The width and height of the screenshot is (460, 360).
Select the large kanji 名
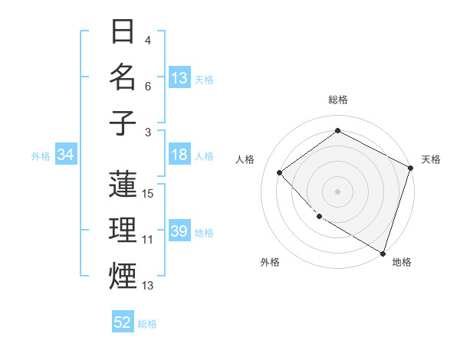coord(123,78)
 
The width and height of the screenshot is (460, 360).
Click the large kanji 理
coord(123,231)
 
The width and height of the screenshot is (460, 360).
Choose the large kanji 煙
coord(123,276)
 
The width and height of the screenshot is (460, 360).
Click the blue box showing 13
coord(179,78)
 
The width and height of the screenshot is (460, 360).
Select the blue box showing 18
coord(179,155)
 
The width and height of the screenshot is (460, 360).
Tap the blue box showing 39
coord(179,231)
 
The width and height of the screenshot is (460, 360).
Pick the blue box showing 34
coord(66,155)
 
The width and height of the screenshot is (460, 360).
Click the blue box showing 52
coord(123,322)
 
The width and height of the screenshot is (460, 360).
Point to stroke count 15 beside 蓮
coord(149,194)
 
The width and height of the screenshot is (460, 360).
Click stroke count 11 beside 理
coord(149,240)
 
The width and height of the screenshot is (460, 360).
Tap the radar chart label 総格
coord(337,100)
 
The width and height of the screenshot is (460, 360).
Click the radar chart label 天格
coord(431,159)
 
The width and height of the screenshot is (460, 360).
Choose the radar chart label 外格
coord(270,262)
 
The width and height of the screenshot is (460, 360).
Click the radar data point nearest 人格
coord(280,172)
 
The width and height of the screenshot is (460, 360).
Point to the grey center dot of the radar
coord(337,191)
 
